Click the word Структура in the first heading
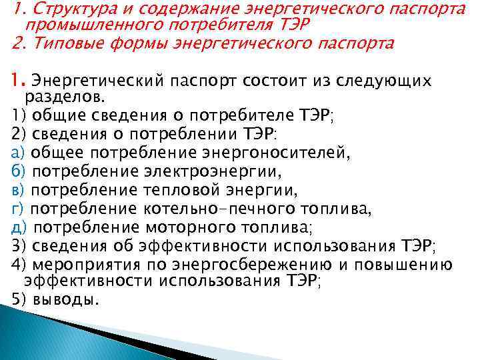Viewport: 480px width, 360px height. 59,10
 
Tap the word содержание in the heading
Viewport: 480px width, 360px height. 174,10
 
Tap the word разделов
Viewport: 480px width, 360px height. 52,99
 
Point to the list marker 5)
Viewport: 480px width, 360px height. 18,299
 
